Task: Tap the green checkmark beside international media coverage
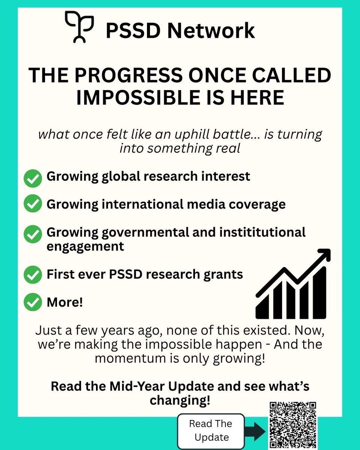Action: tap(33, 204)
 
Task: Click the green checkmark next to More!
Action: tap(33, 303)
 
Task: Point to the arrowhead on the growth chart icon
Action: tap(323, 256)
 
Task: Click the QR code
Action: tap(293, 425)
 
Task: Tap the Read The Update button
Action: tap(211, 430)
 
